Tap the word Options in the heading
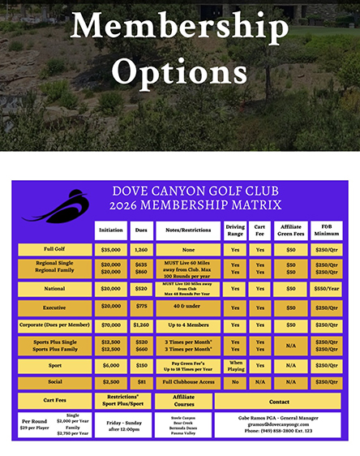179,72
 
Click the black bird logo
53,207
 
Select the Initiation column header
110,230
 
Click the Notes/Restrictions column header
187,230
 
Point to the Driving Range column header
235,230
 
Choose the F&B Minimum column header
327,230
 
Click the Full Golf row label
55,250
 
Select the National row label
55,287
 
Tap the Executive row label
55,307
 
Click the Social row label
55,381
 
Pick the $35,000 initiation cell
110,250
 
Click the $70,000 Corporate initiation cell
110,325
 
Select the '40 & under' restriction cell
187,307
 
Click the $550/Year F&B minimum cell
327,287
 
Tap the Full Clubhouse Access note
187,381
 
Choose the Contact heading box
279,401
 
